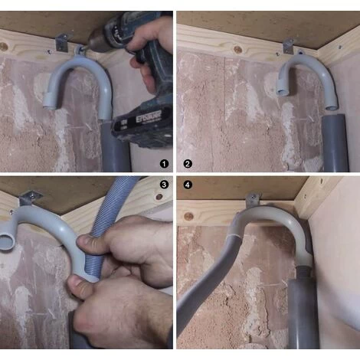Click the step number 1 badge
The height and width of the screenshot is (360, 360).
[163, 163]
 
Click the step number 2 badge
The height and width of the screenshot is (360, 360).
[188, 163]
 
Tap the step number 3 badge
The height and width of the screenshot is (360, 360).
[163, 185]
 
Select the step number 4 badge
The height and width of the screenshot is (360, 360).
[188, 185]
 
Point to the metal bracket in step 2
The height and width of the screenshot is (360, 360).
[288, 46]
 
